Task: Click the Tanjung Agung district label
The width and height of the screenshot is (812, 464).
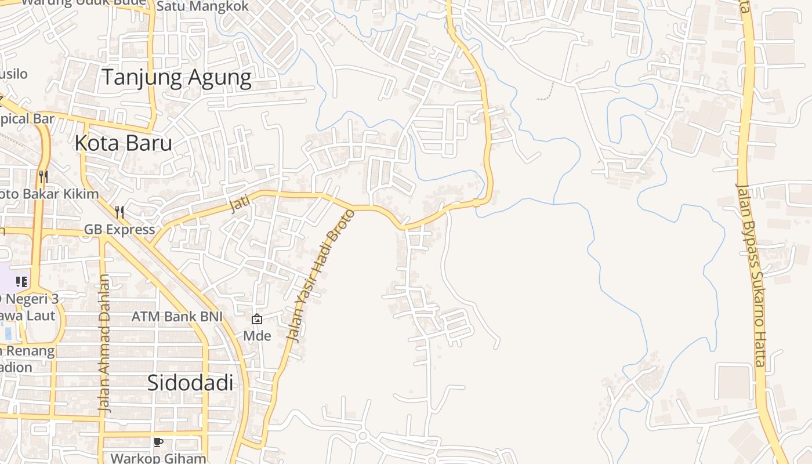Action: [177, 78]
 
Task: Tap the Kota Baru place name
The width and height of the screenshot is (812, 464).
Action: [124, 143]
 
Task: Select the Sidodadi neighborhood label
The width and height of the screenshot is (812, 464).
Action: [190, 383]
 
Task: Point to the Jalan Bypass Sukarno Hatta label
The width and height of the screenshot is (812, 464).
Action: [752, 275]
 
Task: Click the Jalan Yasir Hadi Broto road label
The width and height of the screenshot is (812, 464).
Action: [321, 275]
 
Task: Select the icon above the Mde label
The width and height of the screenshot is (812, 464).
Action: [256, 318]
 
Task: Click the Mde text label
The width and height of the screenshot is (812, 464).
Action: [257, 336]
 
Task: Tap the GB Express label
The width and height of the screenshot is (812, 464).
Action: [119, 230]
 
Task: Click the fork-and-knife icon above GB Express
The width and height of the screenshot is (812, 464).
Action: [119, 212]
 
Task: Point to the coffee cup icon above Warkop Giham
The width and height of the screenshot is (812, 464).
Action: [158, 442]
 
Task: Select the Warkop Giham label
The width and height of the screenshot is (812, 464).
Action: [158, 458]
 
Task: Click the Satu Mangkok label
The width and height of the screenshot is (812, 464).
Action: [202, 7]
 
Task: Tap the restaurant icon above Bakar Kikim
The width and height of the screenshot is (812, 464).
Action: [43, 176]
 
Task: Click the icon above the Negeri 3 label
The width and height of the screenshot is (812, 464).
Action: [21, 282]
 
